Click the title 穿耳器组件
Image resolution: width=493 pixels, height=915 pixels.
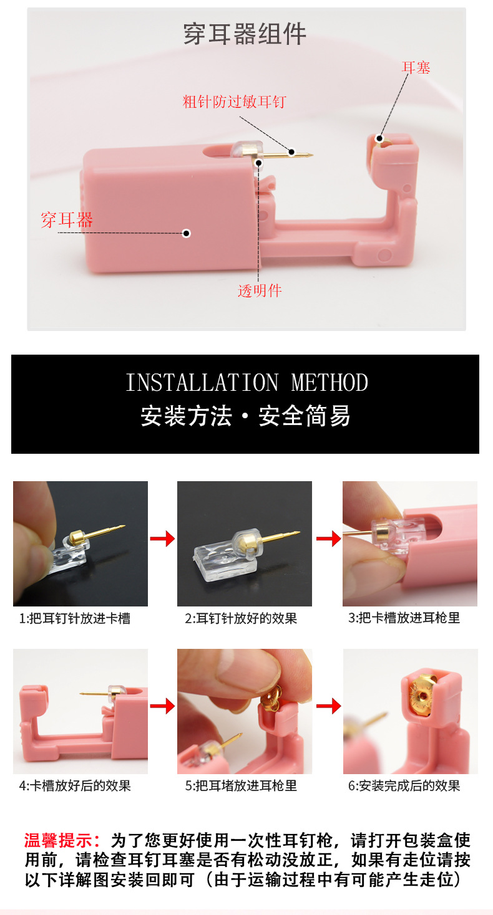click(245, 34)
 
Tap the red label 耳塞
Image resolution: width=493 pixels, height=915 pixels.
click(416, 67)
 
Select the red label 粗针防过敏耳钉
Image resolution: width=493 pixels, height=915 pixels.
click(234, 102)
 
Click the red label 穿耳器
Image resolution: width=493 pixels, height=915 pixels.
click(67, 219)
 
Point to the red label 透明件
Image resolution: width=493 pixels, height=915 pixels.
click(260, 290)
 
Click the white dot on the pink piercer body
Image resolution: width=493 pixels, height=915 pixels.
click(186, 233)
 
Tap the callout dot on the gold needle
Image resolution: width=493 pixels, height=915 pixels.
click(291, 151)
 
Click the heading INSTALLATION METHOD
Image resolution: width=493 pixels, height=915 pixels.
click(246, 382)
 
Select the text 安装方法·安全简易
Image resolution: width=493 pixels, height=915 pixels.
click(245, 416)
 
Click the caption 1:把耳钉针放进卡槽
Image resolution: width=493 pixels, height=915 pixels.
click(75, 618)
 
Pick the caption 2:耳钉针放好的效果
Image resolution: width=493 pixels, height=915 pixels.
click(241, 618)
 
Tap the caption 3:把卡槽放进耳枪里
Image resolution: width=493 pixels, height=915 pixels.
click(404, 618)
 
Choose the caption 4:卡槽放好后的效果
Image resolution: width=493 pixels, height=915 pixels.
click(75, 785)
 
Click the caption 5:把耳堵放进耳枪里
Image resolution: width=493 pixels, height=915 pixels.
click(241, 785)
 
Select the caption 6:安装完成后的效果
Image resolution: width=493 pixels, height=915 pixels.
click(404, 785)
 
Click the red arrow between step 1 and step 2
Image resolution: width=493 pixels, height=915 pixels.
click(162, 539)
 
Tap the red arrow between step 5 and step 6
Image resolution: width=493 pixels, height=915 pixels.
click(328, 706)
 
